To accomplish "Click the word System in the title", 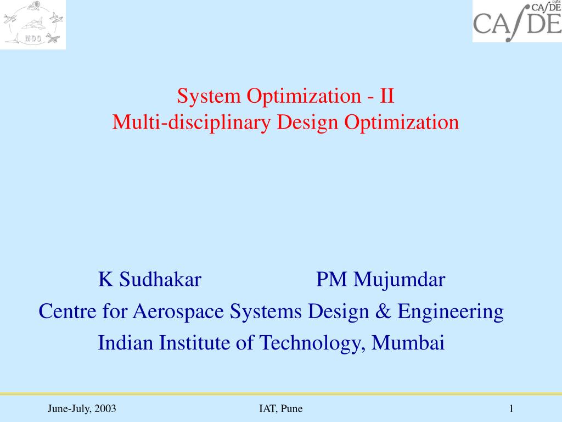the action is click(x=209, y=97).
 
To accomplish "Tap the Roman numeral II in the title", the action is click(x=387, y=96).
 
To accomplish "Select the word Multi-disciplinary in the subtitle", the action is click(x=192, y=123).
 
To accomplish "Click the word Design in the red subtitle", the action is click(x=307, y=123).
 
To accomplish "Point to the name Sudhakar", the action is click(x=160, y=279).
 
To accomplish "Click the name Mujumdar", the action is click(x=400, y=280).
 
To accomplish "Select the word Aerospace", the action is click(x=178, y=312).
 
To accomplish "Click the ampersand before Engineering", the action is click(x=383, y=311).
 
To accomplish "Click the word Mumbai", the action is click(x=408, y=343).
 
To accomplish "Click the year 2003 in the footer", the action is click(x=105, y=408).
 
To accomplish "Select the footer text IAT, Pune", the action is click(x=280, y=409).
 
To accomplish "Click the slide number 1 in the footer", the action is click(x=512, y=408).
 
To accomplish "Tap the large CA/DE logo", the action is click(x=517, y=22).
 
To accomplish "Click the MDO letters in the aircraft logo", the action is click(x=33, y=38).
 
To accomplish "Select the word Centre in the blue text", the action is click(x=68, y=312).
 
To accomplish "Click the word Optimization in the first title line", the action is click(x=304, y=97).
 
